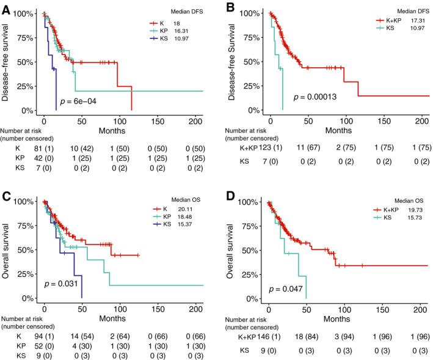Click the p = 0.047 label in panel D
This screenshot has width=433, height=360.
click(x=285, y=288)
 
